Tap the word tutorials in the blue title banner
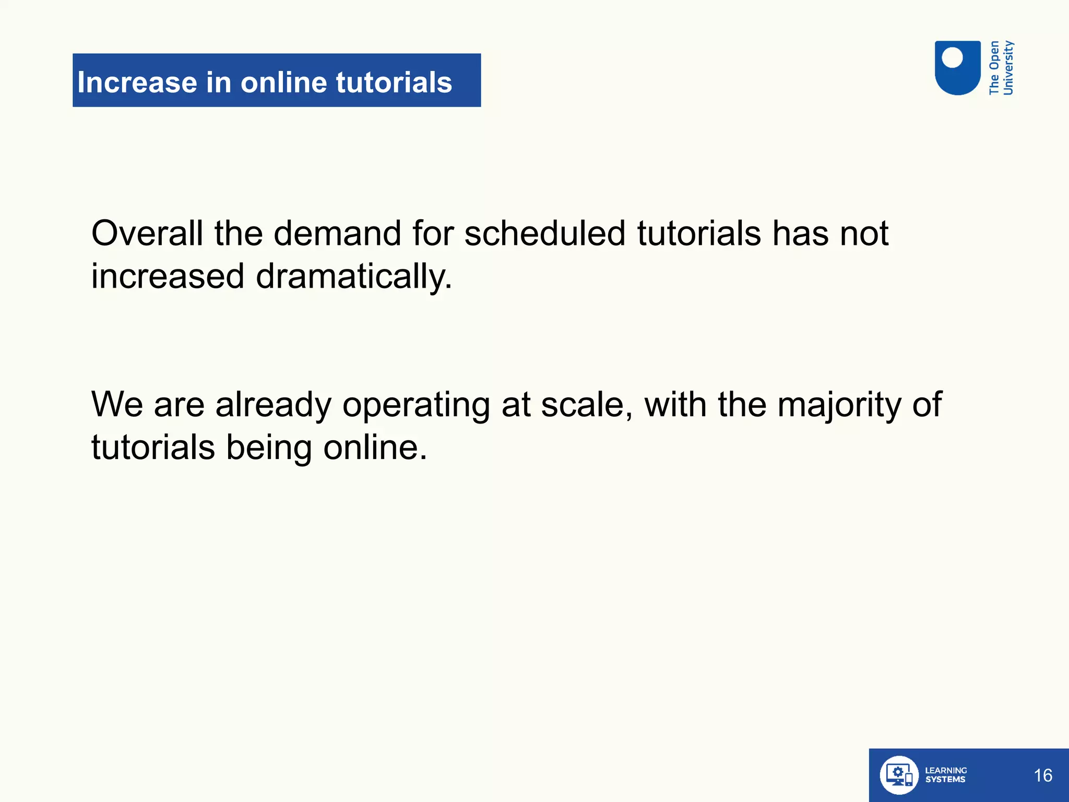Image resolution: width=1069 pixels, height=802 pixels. (394, 82)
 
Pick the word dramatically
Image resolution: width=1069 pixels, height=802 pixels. (353, 277)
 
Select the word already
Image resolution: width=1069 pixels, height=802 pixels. (273, 405)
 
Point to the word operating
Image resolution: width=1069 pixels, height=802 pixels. (416, 405)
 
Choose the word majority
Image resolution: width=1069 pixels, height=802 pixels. (839, 405)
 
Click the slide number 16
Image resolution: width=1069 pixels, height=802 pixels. (1043, 775)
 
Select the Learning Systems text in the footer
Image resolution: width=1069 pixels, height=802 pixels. (945, 775)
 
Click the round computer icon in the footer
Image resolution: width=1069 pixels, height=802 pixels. (898, 775)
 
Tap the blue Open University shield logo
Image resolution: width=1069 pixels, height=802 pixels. (957, 68)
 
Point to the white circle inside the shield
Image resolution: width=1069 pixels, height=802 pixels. (953, 57)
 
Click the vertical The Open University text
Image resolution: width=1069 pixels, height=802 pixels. (1001, 68)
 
